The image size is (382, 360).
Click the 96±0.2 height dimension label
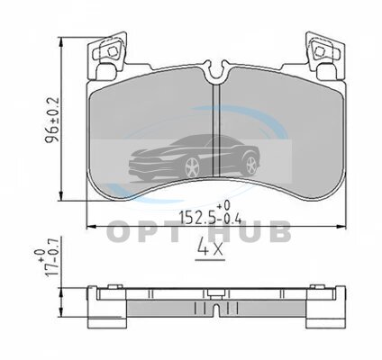(52, 120)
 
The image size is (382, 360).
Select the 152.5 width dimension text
(197, 217)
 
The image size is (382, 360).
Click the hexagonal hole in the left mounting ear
(113, 52)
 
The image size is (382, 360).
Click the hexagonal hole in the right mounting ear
(319, 52)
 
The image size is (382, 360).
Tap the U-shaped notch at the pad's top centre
(215, 71)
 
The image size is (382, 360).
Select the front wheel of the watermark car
(192, 167)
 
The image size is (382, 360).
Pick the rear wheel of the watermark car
(250, 166)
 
